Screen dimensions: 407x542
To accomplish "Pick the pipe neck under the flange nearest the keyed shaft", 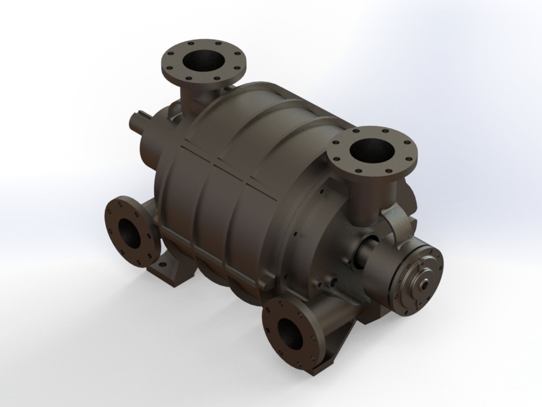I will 190,96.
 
